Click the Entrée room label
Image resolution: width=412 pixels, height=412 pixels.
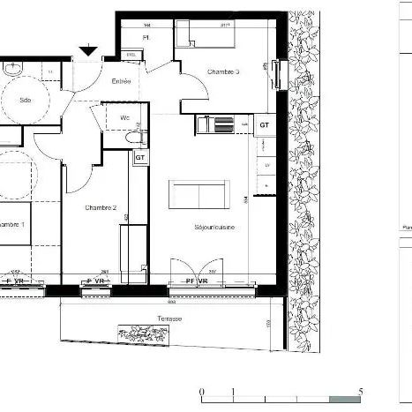click(121, 81)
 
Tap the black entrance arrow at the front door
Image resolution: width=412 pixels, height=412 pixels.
click(88, 52)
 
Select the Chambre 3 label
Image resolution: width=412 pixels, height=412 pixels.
click(222, 71)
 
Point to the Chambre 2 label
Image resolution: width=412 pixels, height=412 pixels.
click(101, 208)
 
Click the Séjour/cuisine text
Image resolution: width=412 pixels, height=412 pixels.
click(213, 228)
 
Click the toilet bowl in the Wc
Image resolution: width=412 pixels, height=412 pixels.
click(133, 138)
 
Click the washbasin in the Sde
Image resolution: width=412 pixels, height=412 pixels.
click(11, 68)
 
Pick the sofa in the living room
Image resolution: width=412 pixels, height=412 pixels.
click(199, 193)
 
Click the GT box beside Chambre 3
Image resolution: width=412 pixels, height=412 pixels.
click(264, 126)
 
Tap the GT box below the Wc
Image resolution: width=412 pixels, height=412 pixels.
click(139, 157)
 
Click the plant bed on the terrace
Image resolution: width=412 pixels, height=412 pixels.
click(142, 333)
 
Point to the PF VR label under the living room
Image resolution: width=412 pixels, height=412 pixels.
click(196, 281)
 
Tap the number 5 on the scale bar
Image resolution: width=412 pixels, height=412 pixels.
click(361, 389)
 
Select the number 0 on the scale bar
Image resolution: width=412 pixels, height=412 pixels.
click(202, 389)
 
